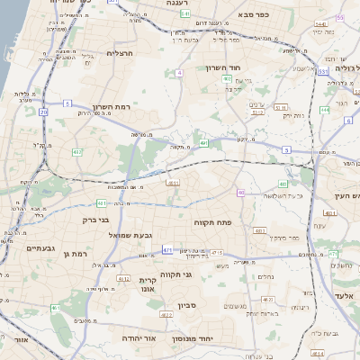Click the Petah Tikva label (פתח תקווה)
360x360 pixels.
[214, 221]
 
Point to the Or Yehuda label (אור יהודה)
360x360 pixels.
[139, 337]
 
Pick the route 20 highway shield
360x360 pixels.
[43, 112]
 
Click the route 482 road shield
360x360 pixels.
[76, 153]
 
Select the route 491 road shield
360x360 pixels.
[204, 142]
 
